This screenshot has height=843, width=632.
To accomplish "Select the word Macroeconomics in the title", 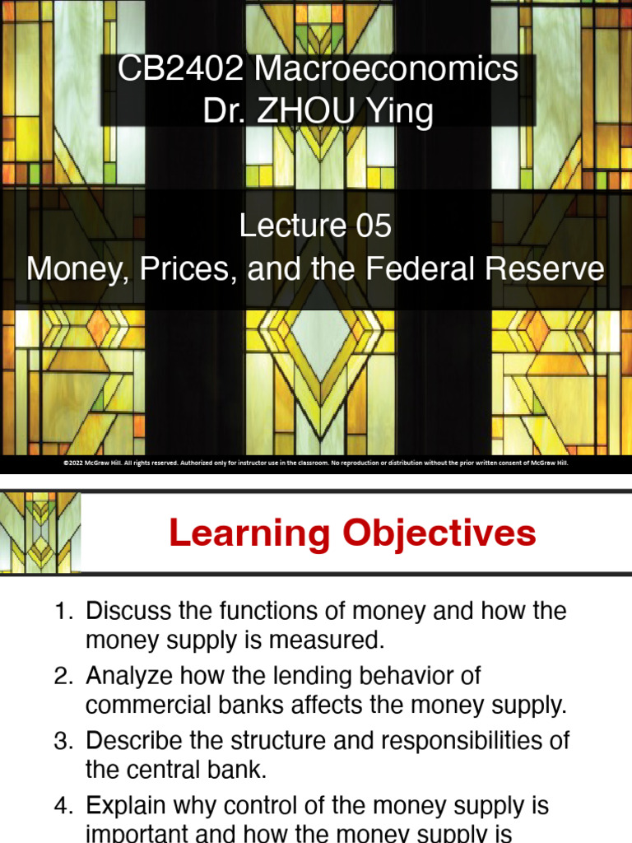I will pos(387,70).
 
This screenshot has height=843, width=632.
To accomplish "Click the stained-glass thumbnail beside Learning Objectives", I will pos(40,531).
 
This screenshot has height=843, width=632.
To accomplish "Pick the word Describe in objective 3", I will pos(130,740).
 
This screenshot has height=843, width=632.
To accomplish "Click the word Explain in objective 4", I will pos(124,804).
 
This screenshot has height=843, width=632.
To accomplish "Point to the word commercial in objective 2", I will pos(146,706).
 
